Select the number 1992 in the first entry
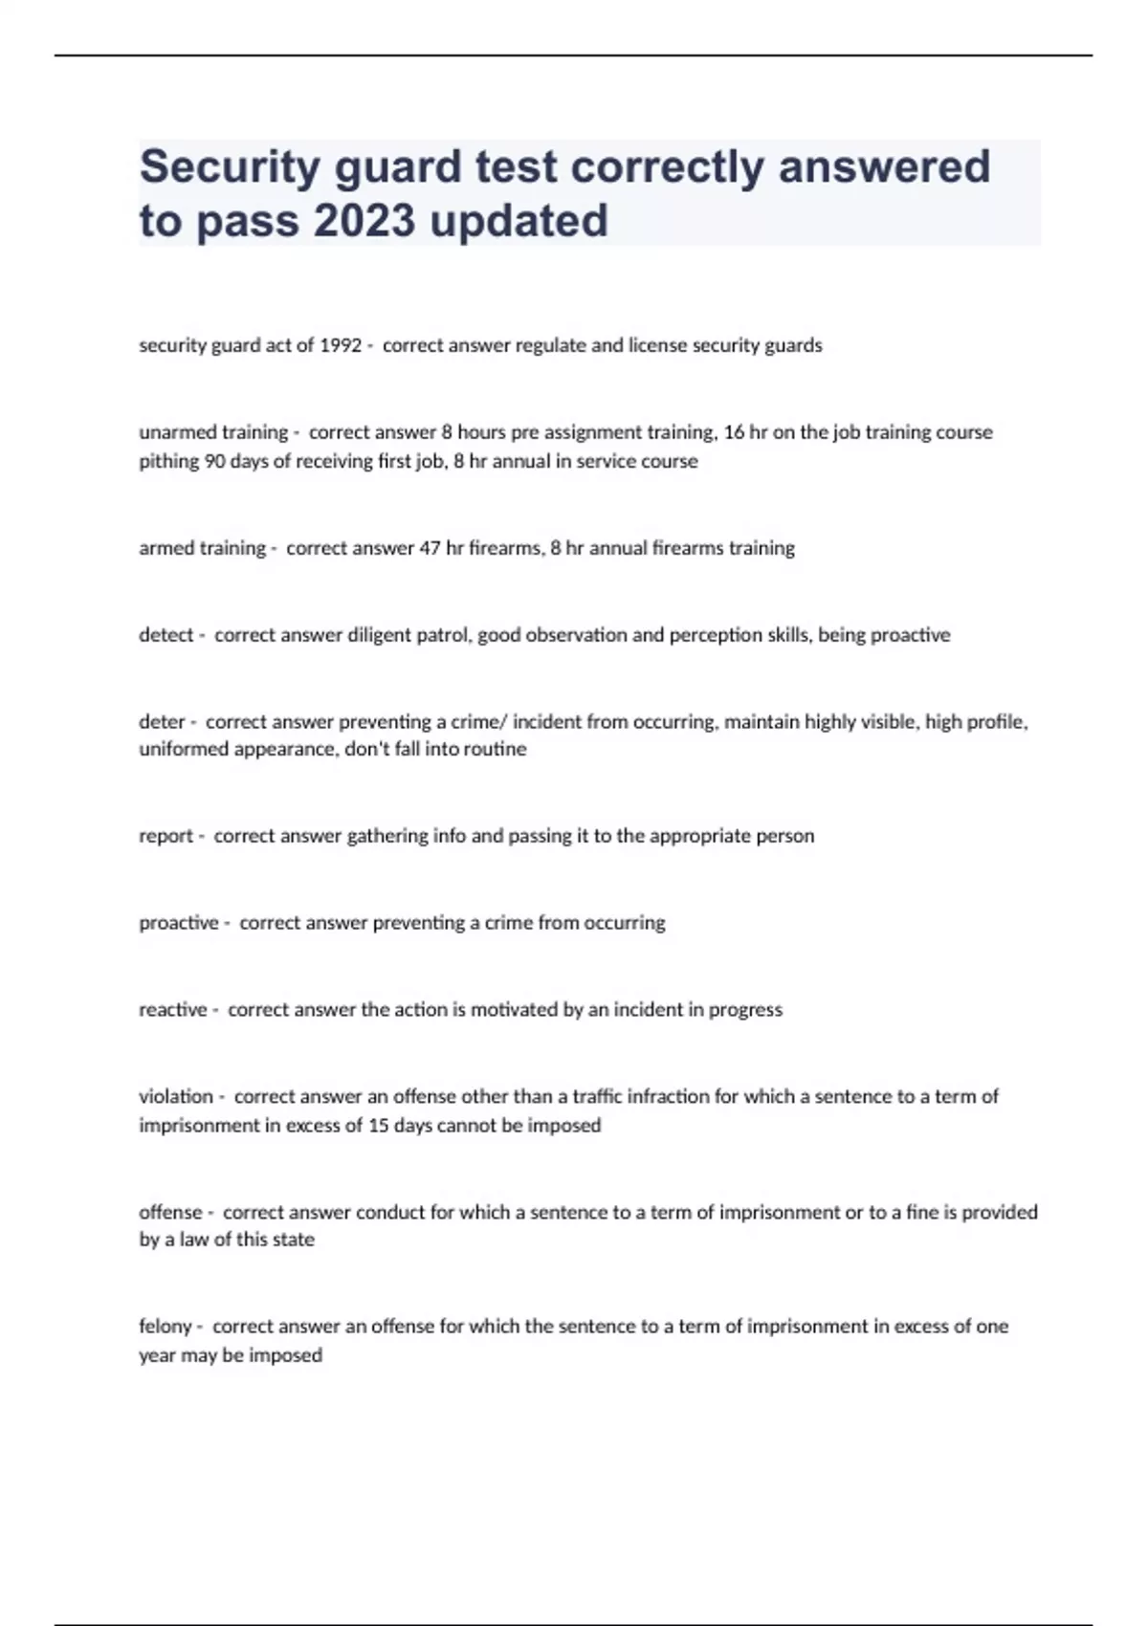pyautogui.click(x=341, y=345)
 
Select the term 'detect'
pyautogui.click(x=166, y=635)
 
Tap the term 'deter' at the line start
pyautogui.click(x=162, y=722)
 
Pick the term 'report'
pyautogui.click(x=166, y=836)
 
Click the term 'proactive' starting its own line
pyautogui.click(x=179, y=923)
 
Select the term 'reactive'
pyautogui.click(x=173, y=1010)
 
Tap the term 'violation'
pyautogui.click(x=176, y=1097)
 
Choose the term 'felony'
pyautogui.click(x=166, y=1327)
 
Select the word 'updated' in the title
pyautogui.click(x=519, y=221)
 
